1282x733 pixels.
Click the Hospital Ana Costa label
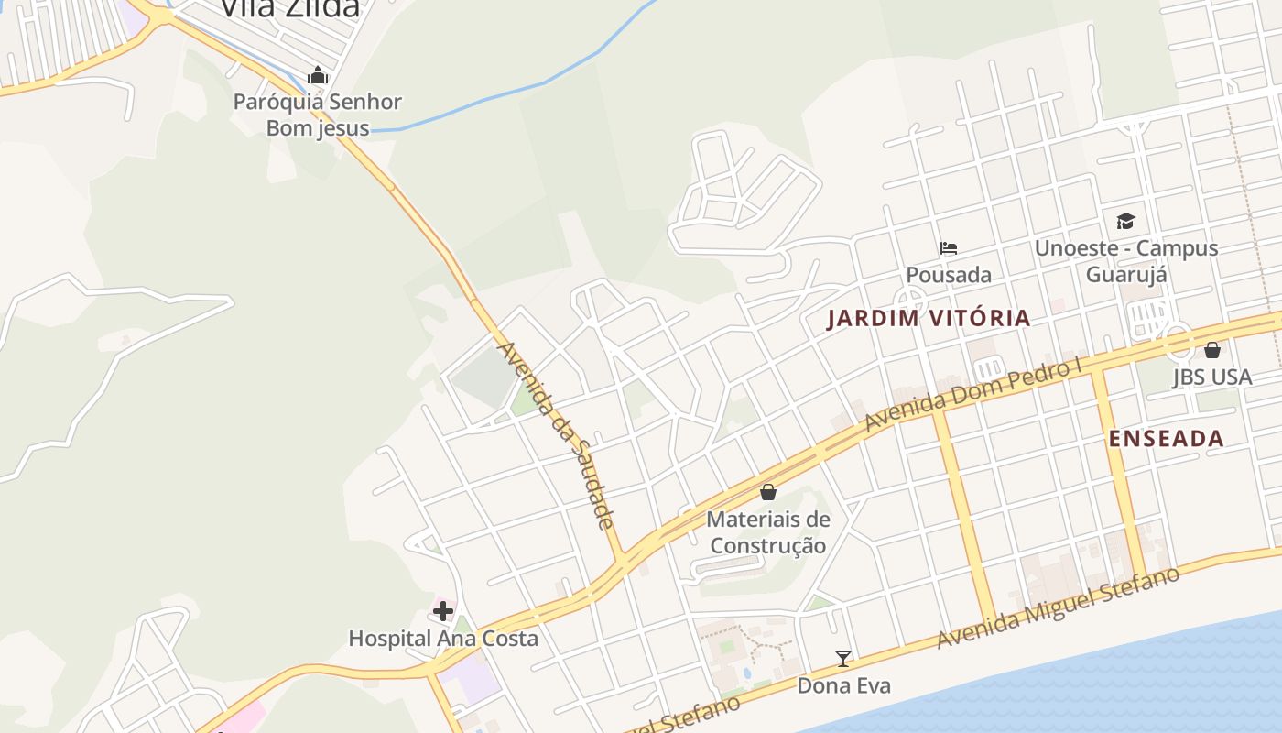click(443, 638)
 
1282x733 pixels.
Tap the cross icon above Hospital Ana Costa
click(443, 611)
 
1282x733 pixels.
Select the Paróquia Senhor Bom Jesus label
click(318, 115)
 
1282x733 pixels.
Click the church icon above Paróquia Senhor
click(318, 75)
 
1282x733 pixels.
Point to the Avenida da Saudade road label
click(554, 435)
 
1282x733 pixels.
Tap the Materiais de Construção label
click(768, 532)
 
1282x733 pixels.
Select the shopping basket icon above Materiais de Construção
click(768, 492)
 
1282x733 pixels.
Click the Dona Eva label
click(843, 685)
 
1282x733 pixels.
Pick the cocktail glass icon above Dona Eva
click(843, 658)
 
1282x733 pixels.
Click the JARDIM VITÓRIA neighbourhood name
click(929, 319)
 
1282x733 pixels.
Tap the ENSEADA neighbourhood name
click(1166, 439)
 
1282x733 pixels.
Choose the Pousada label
click(949, 274)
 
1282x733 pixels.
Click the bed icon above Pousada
click(949, 247)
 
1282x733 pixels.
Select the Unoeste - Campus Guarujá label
click(1125, 260)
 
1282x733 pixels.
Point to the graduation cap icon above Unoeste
click(1125, 221)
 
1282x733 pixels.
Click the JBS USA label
click(1211, 377)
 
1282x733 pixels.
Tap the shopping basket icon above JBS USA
click(1211, 350)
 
